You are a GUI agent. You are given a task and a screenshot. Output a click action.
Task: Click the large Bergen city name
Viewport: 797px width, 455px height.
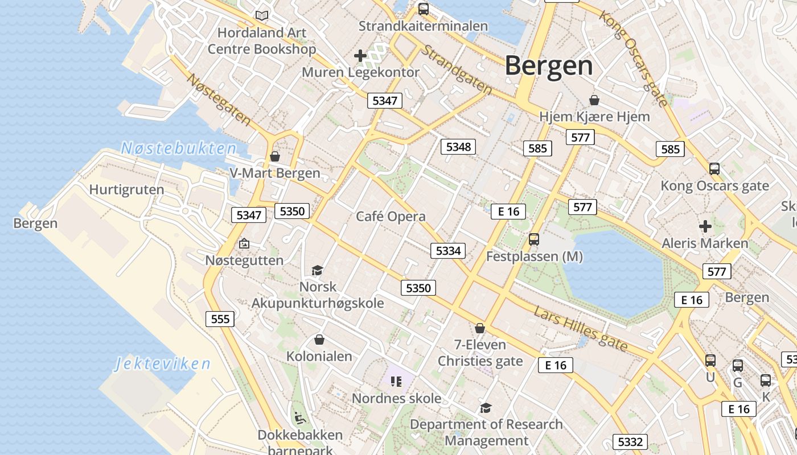pos(548,66)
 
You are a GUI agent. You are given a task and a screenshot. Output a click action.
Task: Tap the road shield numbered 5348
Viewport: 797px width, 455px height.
pos(458,147)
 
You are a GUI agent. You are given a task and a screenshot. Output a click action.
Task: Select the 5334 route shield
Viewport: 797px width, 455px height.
pos(448,250)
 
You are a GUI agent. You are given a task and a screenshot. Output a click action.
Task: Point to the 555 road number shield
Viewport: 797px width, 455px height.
pos(220,318)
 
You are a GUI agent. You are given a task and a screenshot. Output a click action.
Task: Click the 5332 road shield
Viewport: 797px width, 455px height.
pos(630,442)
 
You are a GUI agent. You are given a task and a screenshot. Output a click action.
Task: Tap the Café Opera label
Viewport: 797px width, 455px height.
pos(391,217)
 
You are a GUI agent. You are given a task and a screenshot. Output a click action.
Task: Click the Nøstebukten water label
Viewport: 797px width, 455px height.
pos(179,148)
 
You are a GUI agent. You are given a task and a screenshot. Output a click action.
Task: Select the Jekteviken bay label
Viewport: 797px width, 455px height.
pos(163,364)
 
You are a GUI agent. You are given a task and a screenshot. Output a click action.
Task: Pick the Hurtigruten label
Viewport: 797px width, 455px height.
pos(126,189)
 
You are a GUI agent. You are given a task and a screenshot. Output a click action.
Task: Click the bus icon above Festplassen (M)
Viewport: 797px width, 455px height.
pos(533,239)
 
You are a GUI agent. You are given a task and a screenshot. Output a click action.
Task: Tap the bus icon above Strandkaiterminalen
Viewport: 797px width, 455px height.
pos(423,9)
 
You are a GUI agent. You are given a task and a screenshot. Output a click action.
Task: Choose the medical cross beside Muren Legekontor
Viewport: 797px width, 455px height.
pos(360,56)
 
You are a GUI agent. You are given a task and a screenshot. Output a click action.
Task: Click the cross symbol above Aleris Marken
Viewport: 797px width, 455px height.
pos(705,226)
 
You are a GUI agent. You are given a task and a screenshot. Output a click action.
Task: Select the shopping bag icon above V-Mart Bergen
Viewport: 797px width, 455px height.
pos(275,156)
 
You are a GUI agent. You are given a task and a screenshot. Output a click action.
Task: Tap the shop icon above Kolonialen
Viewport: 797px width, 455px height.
pos(319,340)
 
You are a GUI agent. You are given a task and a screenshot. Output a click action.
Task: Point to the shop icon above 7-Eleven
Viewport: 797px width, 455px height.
pos(480,328)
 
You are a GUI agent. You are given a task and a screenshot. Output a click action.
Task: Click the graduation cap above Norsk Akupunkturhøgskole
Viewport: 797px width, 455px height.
pos(317,270)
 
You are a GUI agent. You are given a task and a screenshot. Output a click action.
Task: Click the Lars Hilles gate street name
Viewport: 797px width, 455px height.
pos(580,329)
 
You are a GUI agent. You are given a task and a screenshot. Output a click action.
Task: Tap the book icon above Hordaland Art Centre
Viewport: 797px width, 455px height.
pos(261,16)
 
